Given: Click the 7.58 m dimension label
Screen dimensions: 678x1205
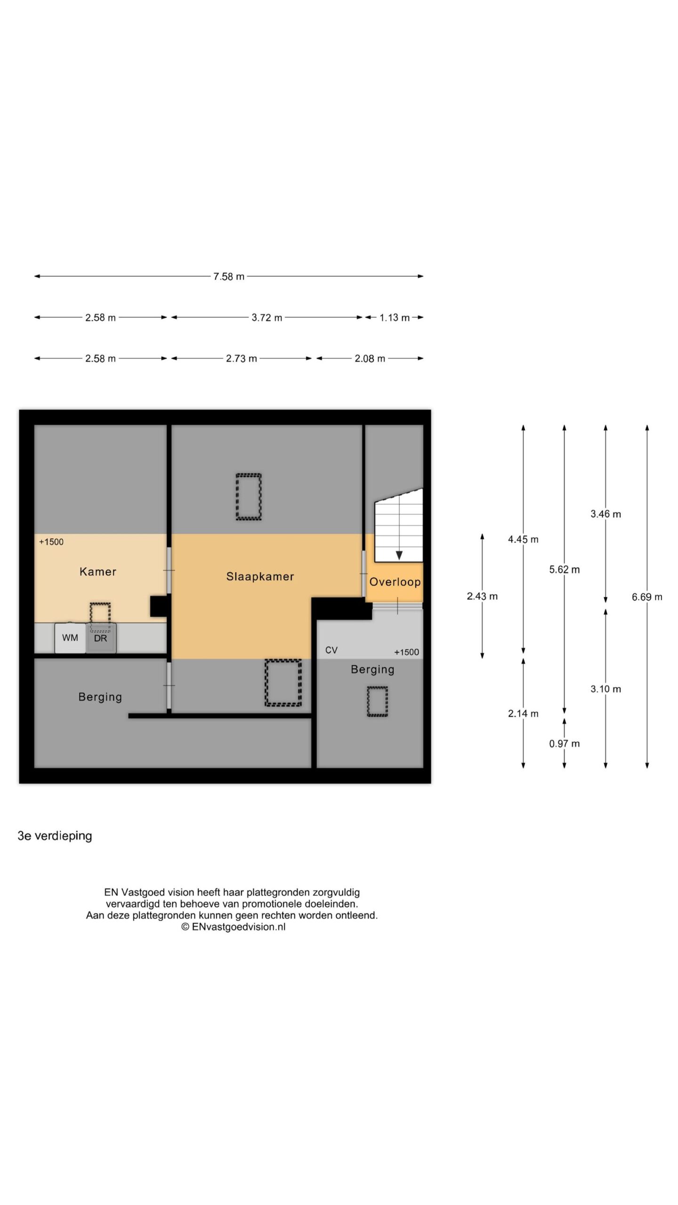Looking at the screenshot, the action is click(229, 276).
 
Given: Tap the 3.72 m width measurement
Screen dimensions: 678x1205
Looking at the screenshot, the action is click(267, 317).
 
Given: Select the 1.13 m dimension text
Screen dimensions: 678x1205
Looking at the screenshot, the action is click(395, 317).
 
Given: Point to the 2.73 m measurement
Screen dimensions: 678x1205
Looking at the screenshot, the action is click(242, 358).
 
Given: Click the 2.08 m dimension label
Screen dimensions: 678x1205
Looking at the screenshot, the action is click(370, 358).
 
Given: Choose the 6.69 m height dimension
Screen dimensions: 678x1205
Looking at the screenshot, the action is click(647, 597).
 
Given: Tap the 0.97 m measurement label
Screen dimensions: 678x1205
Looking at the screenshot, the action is click(565, 744).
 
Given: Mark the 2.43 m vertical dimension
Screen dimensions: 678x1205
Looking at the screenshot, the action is click(482, 596).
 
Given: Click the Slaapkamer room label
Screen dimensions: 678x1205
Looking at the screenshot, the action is click(260, 577).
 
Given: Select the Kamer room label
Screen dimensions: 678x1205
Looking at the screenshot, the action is click(98, 571).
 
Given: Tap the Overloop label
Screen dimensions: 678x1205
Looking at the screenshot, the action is click(395, 582).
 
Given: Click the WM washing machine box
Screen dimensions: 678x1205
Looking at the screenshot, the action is click(70, 638).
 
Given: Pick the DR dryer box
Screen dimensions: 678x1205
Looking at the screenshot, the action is click(101, 638).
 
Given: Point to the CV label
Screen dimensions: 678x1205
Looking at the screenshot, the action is click(331, 650).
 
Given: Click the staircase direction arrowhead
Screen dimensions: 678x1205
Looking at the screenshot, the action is click(399, 555).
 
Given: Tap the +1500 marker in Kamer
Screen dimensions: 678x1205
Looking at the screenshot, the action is click(51, 542).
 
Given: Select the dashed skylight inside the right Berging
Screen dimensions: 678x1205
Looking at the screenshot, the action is click(377, 701).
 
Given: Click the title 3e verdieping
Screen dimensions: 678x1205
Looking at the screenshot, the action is click(55, 835).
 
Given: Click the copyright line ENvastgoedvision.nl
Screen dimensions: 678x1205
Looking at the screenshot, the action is click(234, 927).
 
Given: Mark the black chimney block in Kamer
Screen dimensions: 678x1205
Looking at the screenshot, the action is click(159, 606).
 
